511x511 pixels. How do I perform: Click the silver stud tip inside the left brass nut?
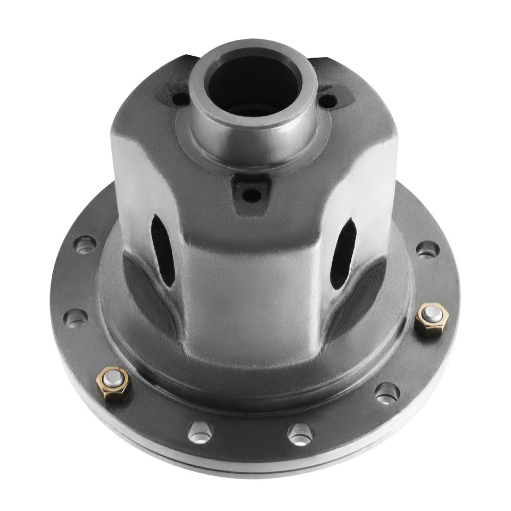coord(113,379)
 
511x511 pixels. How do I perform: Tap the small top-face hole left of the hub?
coord(181,99)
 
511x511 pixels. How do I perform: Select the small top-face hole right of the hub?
coord(328,99)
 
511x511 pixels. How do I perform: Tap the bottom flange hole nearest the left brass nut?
coord(200,431)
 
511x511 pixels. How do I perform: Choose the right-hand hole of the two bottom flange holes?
coord(300,433)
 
